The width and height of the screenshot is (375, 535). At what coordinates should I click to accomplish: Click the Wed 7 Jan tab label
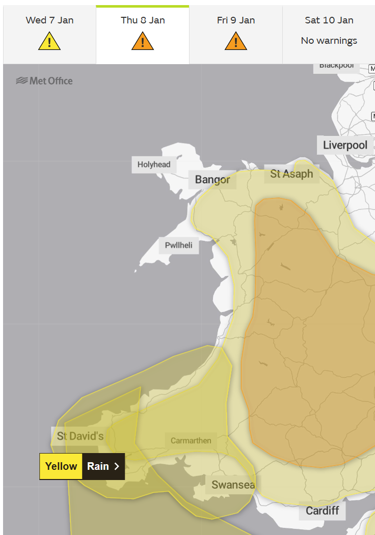tap(49, 20)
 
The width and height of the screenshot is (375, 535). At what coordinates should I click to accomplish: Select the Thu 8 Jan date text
tap(143, 20)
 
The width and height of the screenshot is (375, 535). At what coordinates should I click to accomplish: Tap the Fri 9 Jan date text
tap(236, 20)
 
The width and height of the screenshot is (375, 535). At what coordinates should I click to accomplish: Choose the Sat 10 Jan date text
tap(329, 20)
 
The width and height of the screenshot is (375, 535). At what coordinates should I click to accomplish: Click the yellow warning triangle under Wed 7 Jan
tap(49, 41)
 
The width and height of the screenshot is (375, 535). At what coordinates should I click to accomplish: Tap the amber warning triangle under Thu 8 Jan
tap(143, 41)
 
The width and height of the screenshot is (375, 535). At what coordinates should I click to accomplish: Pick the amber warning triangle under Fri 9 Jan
tap(236, 41)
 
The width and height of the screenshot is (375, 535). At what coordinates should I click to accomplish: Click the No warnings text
tap(329, 41)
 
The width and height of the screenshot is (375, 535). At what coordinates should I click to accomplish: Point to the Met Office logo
tap(44, 80)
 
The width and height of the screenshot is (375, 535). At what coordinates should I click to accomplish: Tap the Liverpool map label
tap(345, 145)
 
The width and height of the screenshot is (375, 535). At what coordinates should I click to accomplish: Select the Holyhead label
tap(154, 164)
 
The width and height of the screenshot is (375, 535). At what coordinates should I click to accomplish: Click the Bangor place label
tap(212, 180)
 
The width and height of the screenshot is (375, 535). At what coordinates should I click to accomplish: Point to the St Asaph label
tap(291, 174)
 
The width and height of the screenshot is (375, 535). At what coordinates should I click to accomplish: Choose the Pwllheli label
tap(178, 245)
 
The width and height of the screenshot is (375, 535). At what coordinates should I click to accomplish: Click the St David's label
tap(80, 436)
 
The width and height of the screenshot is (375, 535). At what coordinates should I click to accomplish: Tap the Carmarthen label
tap(191, 440)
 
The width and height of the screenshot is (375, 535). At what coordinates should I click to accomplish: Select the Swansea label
tap(233, 485)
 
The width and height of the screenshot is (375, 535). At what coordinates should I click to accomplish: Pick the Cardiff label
tap(322, 510)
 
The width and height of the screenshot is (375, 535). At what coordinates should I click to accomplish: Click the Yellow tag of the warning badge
tap(61, 466)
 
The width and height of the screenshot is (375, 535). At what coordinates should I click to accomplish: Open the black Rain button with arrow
tap(103, 466)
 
